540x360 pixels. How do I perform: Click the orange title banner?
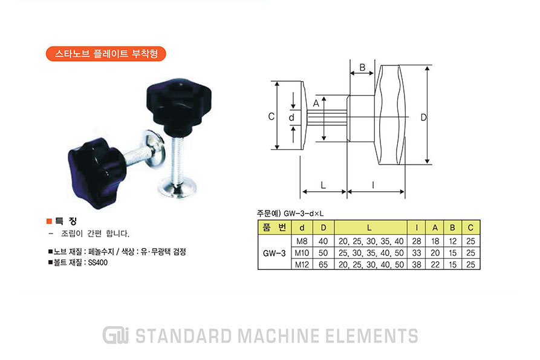coord(106,54)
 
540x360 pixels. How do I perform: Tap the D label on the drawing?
coord(423,117)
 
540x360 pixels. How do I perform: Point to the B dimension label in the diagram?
coord(362,67)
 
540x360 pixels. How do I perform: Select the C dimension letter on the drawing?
coord(272,116)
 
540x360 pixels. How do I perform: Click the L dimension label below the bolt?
coord(323,185)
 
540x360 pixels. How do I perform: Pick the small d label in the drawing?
coord(291,117)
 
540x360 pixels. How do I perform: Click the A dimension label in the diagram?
coord(316,103)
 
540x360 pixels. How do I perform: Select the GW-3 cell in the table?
coord(275,253)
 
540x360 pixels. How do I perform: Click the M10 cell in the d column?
coord(302,253)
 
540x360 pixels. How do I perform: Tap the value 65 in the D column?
coord(323,264)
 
